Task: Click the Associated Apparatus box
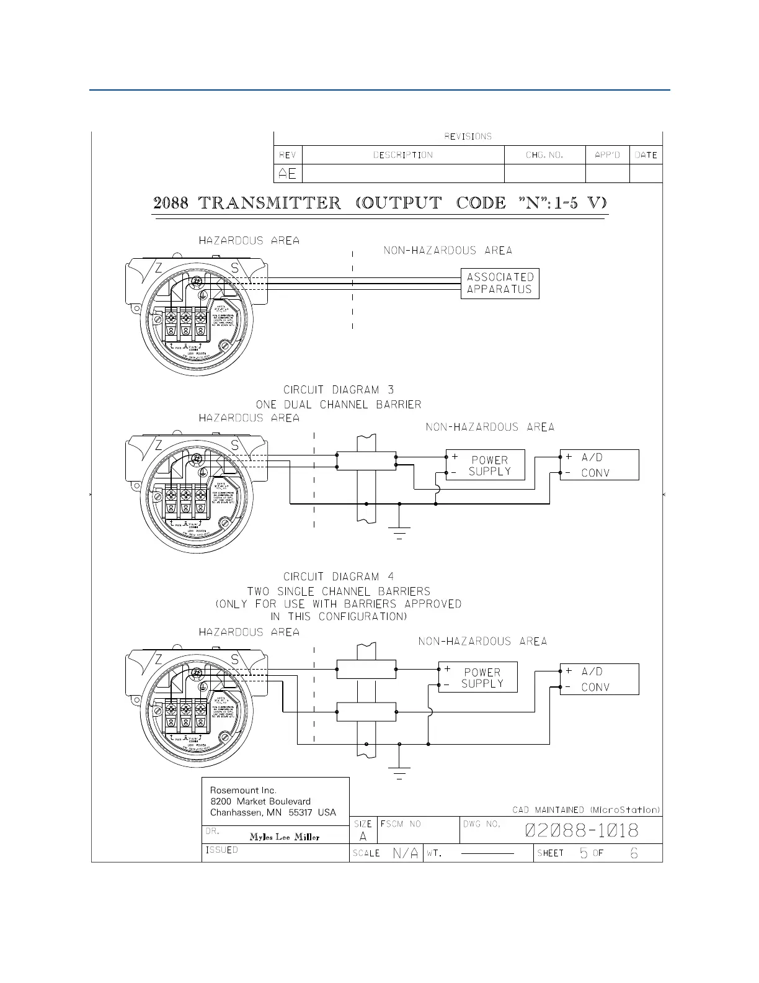(x=500, y=284)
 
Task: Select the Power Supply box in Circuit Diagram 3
(x=486, y=465)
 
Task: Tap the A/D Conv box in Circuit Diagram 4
(x=599, y=680)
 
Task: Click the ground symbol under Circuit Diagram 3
(x=399, y=532)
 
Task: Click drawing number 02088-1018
(x=582, y=830)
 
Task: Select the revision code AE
(x=288, y=174)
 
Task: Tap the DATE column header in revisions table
(x=646, y=155)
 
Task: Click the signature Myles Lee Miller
(x=285, y=837)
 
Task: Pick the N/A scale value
(x=406, y=853)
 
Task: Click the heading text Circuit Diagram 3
(x=339, y=390)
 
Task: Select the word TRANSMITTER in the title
(x=270, y=203)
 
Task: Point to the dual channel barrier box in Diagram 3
(x=366, y=461)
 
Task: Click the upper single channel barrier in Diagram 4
(x=366, y=670)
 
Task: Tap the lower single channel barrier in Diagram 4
(x=366, y=712)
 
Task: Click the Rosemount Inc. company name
(x=243, y=791)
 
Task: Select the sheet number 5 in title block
(x=584, y=853)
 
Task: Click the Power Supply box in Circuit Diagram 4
(x=478, y=678)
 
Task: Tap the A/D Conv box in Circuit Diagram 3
(x=599, y=465)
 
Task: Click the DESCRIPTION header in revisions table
(x=403, y=155)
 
